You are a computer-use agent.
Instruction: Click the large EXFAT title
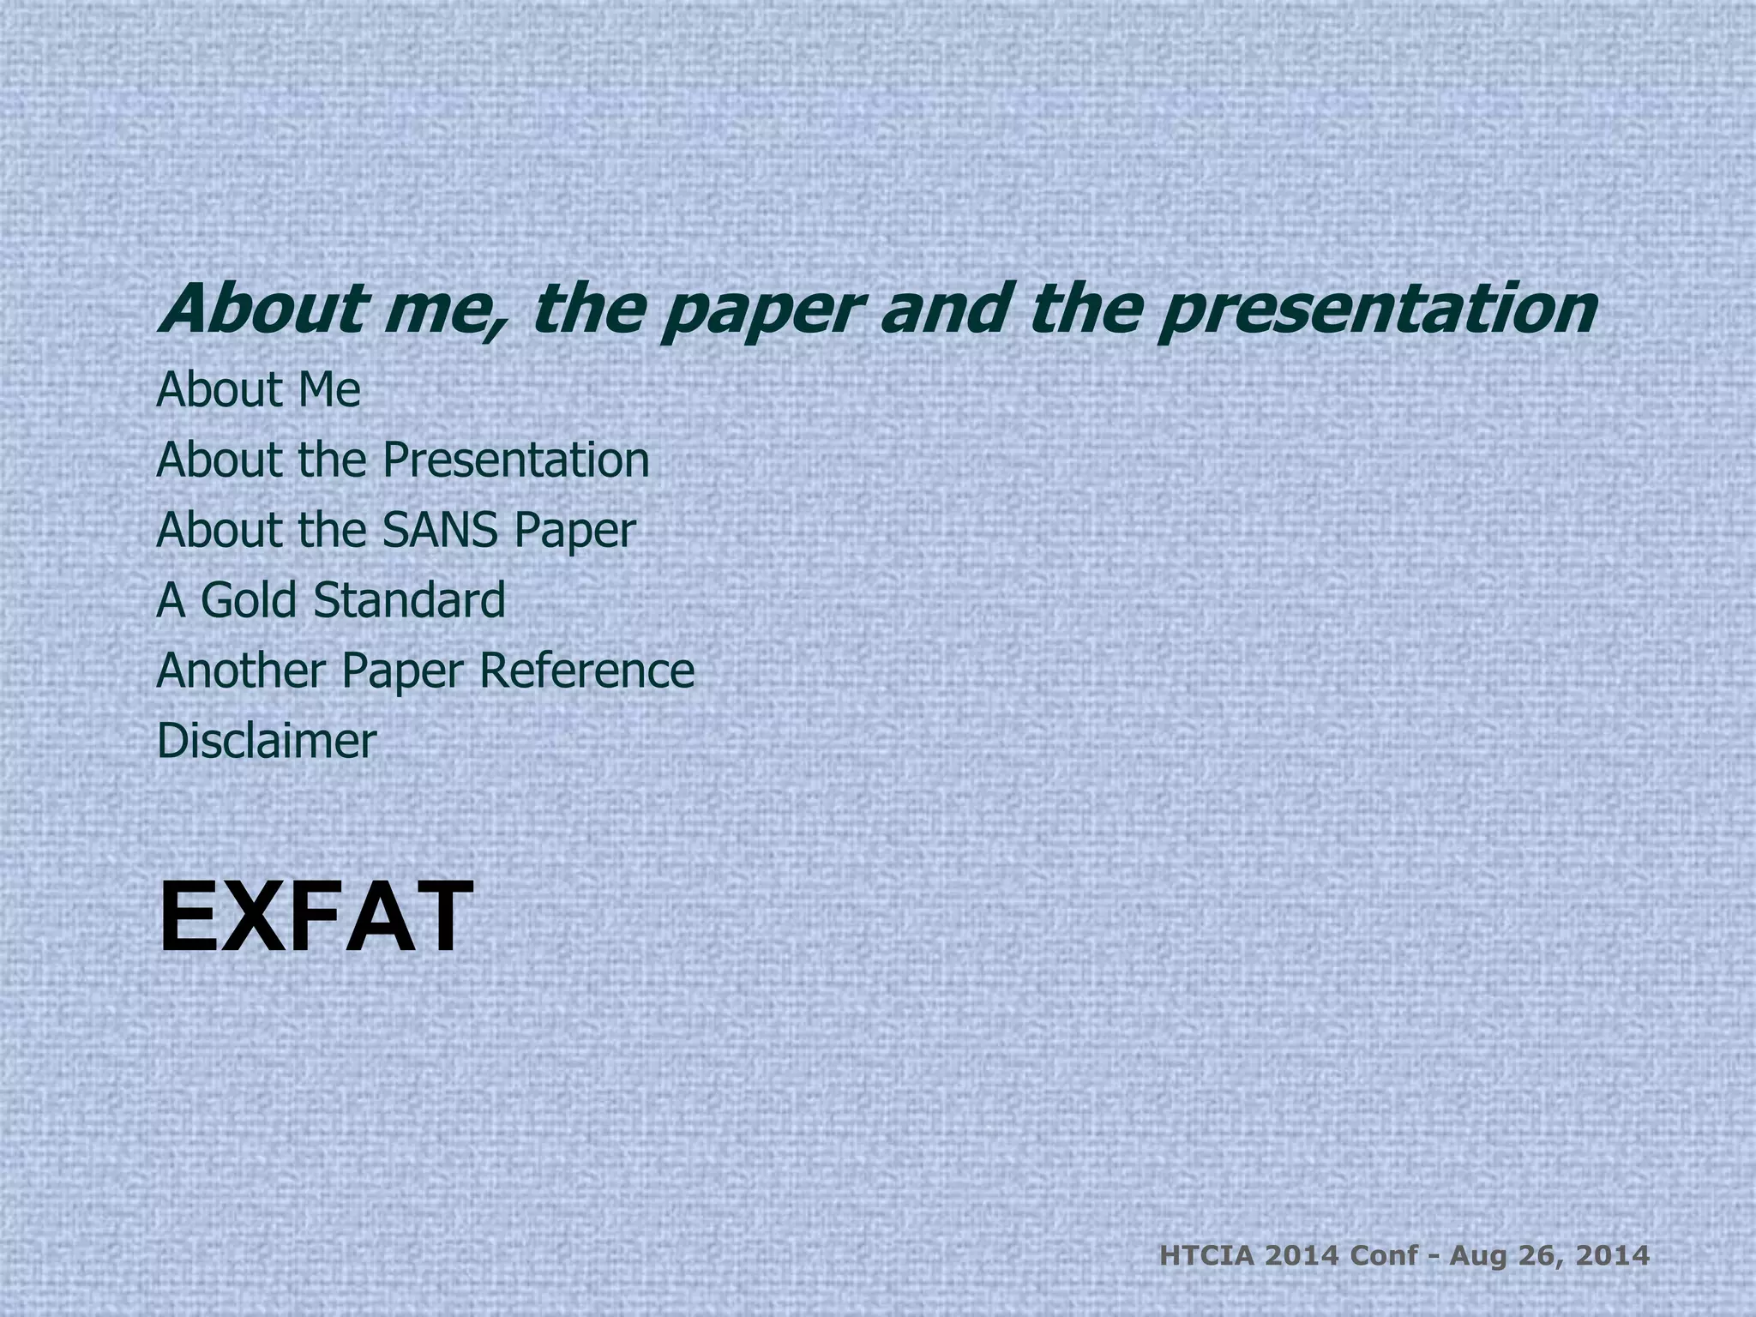[x=316, y=918]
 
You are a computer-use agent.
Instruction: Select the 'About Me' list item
[x=258, y=390]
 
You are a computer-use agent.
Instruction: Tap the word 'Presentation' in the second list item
[x=515, y=460]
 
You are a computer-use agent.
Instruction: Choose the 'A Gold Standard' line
[x=331, y=600]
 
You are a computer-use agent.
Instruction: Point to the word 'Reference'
[x=586, y=671]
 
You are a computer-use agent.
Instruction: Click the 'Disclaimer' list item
[x=267, y=741]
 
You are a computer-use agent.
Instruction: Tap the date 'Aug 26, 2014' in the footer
[x=1549, y=1257]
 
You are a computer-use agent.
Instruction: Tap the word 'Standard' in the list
[x=409, y=600]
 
